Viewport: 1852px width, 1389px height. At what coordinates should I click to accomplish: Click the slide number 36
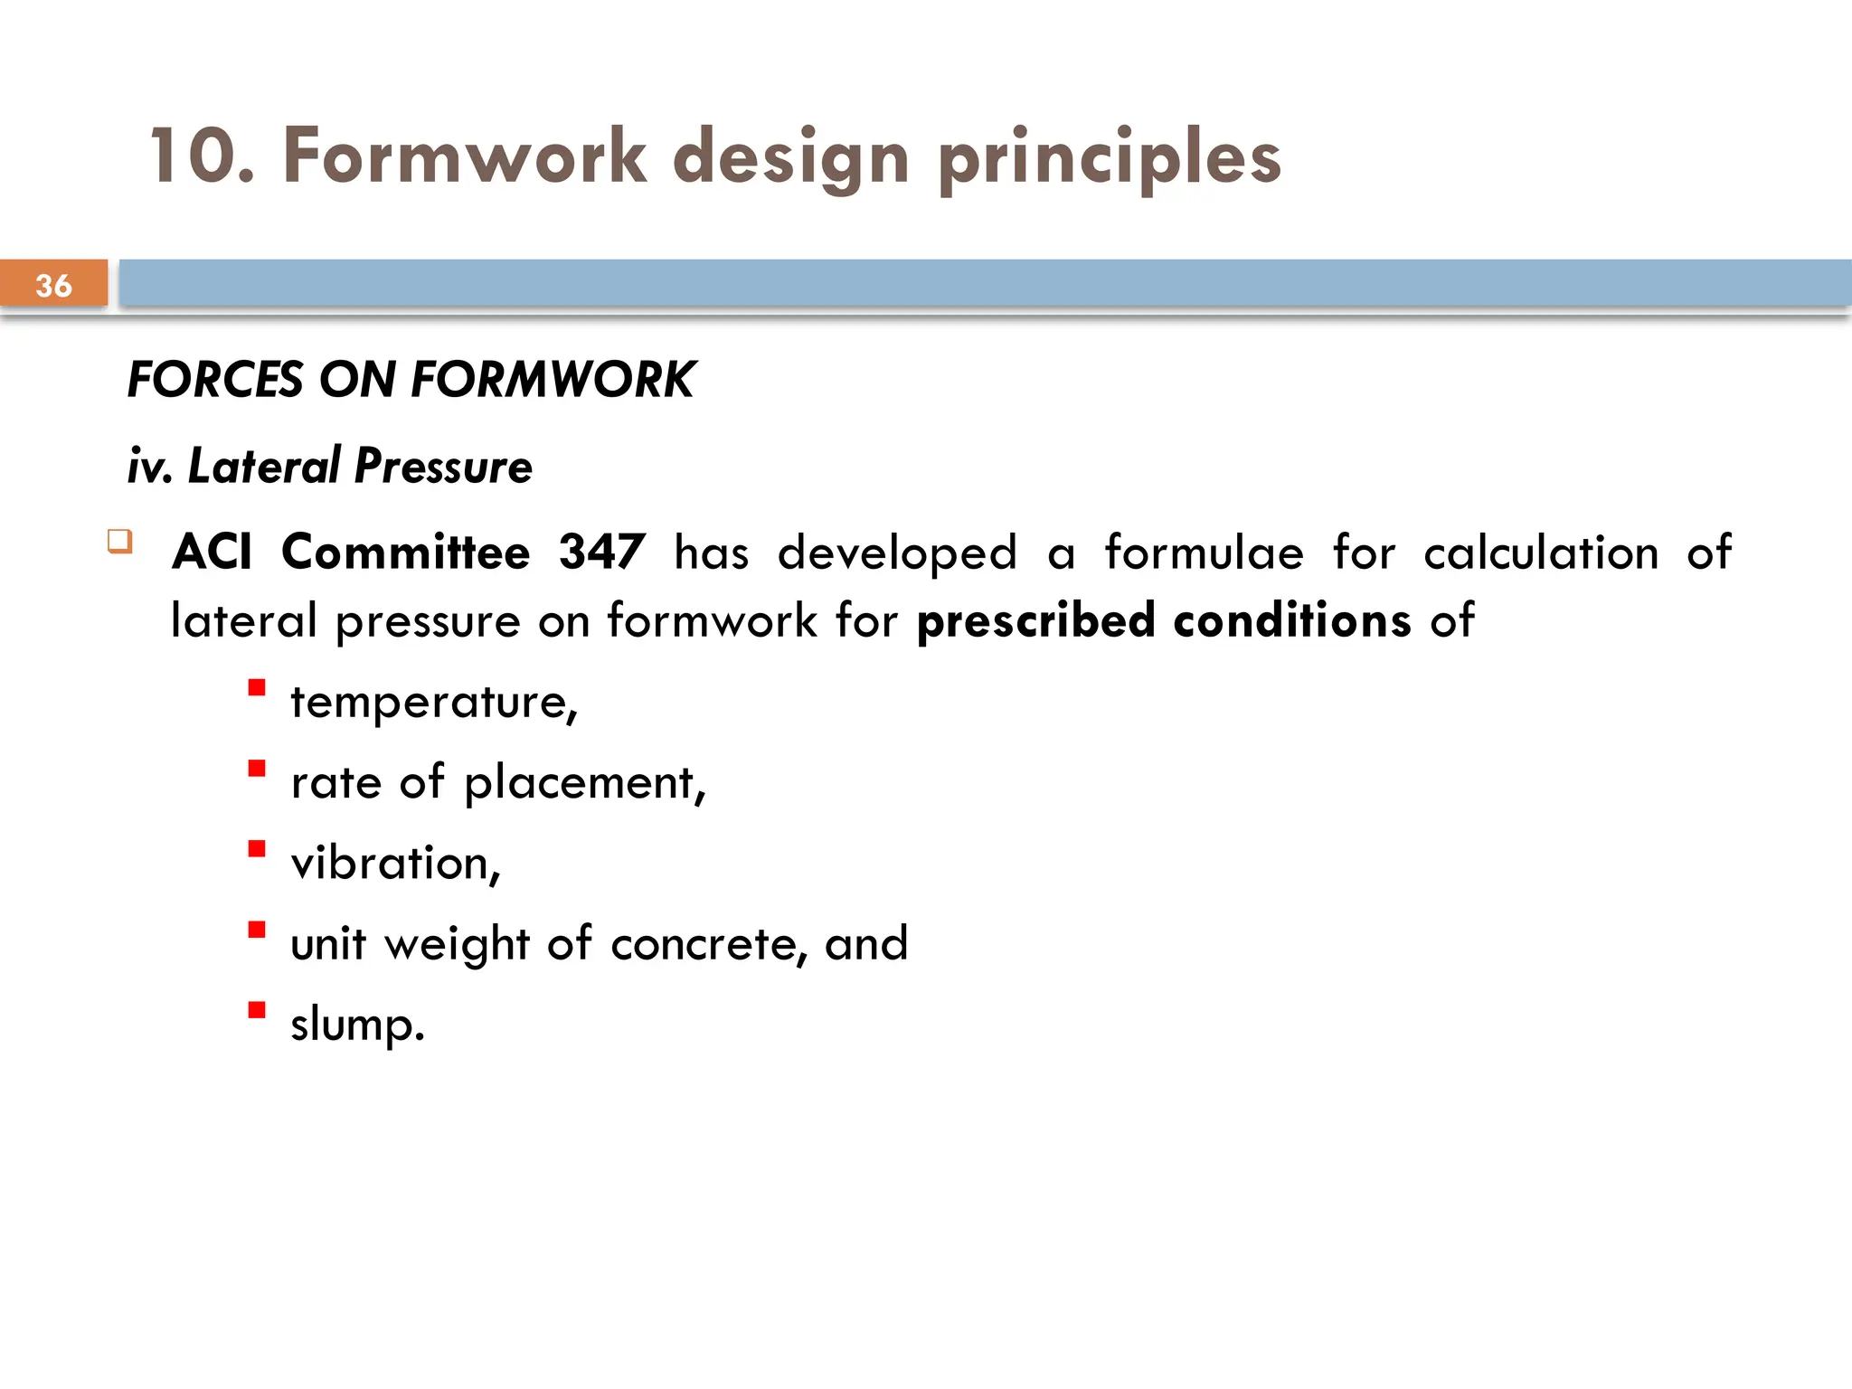click(x=53, y=286)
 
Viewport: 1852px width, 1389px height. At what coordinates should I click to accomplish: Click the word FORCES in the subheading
click(x=215, y=379)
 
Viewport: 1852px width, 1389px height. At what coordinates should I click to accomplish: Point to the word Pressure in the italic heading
click(x=443, y=467)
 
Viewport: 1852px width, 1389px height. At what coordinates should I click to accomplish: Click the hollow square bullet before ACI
click(x=120, y=542)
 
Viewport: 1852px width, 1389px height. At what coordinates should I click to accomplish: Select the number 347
click(x=602, y=552)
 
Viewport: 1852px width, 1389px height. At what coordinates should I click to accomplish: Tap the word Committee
click(x=406, y=552)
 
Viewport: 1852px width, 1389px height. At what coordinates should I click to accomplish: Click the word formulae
click(x=1204, y=552)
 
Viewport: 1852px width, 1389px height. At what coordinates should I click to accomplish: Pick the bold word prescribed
click(x=1035, y=621)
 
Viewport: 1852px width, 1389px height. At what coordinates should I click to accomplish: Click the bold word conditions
click(x=1291, y=621)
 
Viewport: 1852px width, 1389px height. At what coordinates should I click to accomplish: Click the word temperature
click(x=432, y=702)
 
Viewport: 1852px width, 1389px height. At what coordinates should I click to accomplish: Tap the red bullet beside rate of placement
click(x=257, y=769)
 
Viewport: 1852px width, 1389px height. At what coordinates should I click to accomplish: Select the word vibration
click(x=394, y=863)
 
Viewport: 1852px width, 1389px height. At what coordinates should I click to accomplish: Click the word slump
click(x=356, y=1025)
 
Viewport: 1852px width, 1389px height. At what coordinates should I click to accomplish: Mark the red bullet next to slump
click(x=257, y=1010)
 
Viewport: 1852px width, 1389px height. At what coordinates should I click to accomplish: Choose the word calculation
click(x=1541, y=552)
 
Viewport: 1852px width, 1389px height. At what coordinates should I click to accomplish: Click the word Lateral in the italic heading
click(x=263, y=467)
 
